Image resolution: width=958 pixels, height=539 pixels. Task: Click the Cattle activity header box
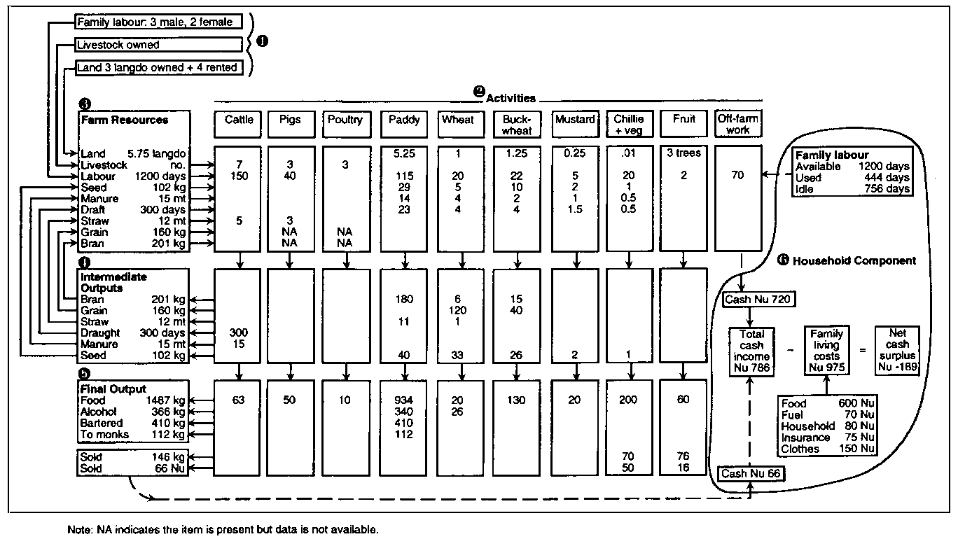(239, 124)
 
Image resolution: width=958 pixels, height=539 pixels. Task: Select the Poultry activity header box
(346, 124)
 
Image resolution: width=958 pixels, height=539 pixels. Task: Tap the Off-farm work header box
(738, 124)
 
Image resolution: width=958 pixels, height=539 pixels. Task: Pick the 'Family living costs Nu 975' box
(827, 349)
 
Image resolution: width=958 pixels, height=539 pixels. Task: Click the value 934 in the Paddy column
(404, 400)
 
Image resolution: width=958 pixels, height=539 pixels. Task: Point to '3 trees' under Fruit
(683, 153)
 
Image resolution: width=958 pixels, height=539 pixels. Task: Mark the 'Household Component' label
(852, 260)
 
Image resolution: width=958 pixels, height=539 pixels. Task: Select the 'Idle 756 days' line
(852, 189)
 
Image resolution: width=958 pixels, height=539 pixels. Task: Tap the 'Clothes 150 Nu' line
(828, 449)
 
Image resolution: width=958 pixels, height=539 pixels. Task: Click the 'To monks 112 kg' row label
(132, 434)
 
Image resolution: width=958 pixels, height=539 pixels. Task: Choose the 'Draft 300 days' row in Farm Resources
(132, 209)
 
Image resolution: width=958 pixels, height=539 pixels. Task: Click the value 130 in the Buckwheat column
(516, 400)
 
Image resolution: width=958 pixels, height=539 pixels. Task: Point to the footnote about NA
(223, 529)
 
